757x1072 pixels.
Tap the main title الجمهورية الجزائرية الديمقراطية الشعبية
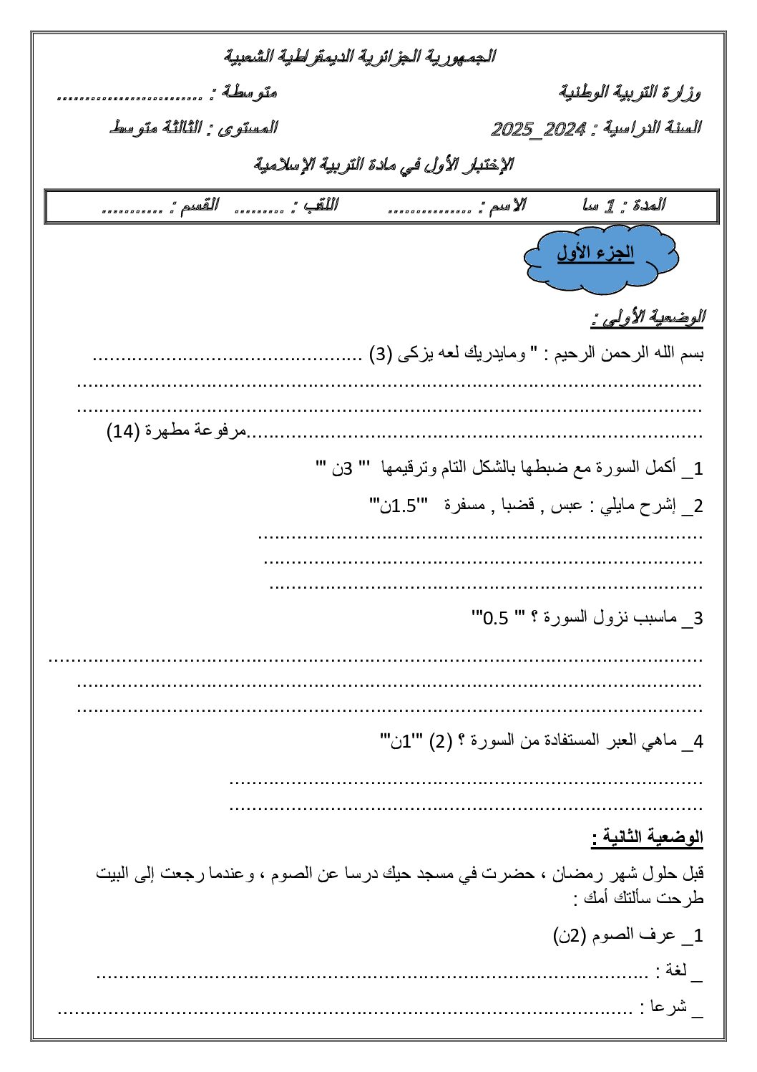tap(359, 56)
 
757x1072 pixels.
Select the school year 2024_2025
tap(539, 129)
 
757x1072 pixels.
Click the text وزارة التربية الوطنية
tap(630, 92)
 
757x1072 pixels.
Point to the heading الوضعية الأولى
tap(648, 317)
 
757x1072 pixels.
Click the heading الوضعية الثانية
tap(648, 836)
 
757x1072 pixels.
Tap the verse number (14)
tap(122, 431)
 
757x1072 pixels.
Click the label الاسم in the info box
tap(508, 206)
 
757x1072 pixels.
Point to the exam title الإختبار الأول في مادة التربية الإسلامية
tap(384, 165)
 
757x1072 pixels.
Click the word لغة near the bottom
tap(676, 970)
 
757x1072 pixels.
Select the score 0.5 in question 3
tap(495, 617)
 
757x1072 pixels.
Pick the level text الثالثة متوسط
tap(155, 128)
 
